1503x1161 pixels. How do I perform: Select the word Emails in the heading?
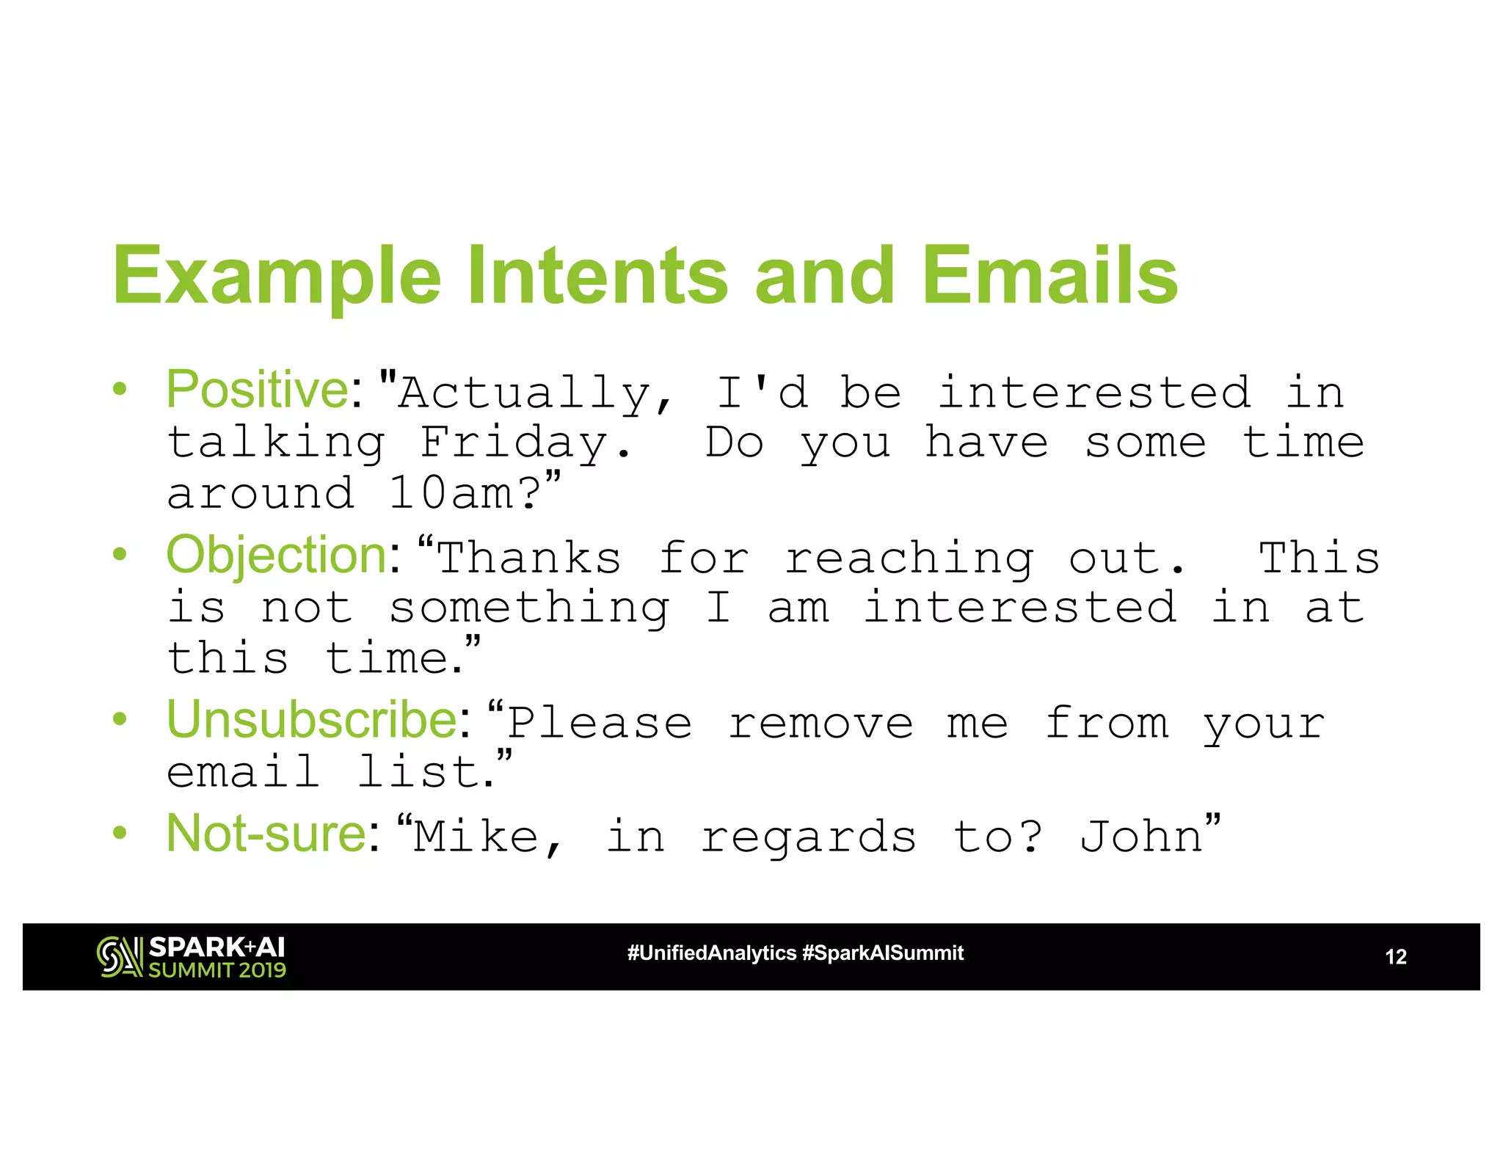(x=1049, y=275)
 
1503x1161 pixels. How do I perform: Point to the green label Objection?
(x=277, y=555)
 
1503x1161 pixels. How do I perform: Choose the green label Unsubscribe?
(x=312, y=720)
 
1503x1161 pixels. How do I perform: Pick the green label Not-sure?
(x=266, y=834)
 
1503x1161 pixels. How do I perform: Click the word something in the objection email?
(x=528, y=608)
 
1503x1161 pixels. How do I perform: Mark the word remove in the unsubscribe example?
(x=820, y=724)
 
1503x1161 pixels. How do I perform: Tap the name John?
(x=1140, y=837)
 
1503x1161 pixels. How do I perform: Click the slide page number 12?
(x=1395, y=957)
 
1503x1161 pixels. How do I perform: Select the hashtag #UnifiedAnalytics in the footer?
(x=711, y=953)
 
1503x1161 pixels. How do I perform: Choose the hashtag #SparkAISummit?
(x=883, y=953)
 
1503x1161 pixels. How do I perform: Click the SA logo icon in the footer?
(x=119, y=957)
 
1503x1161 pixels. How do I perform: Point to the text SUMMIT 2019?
(x=217, y=970)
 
